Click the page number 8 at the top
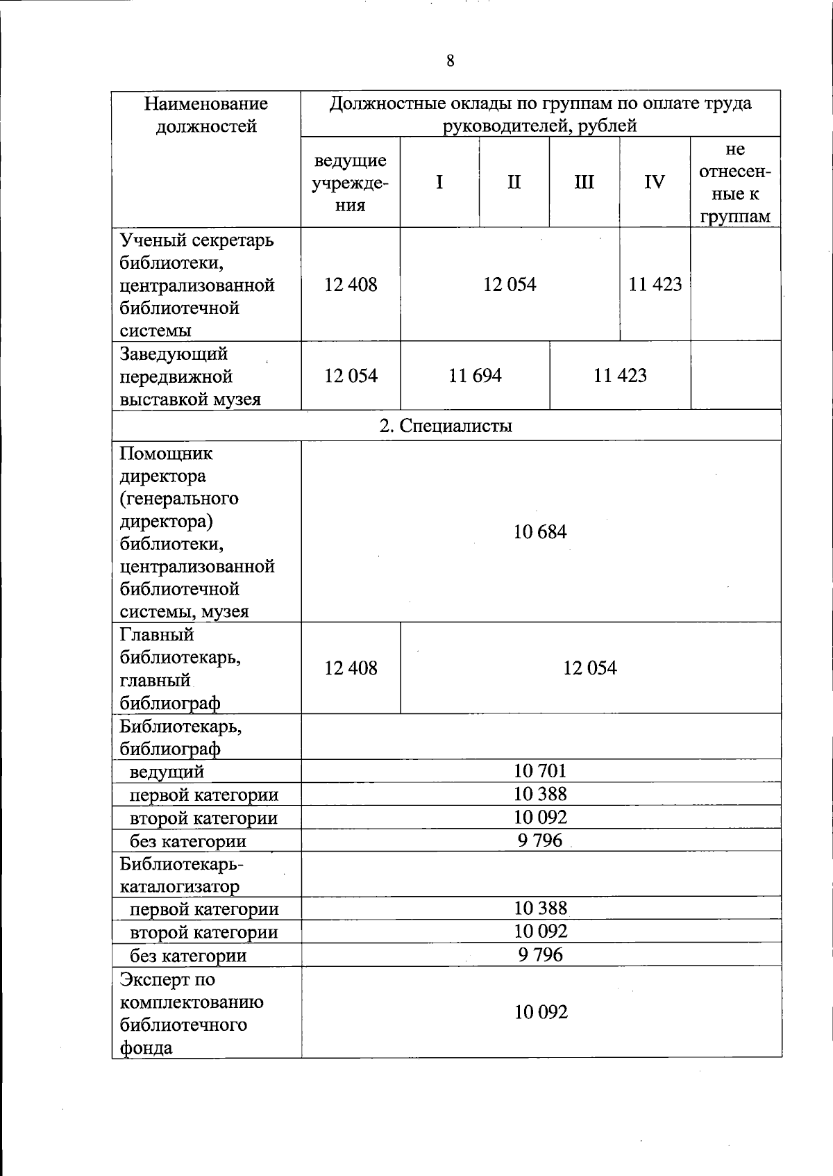click(x=451, y=61)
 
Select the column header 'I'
click(x=439, y=182)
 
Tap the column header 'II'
click(x=514, y=182)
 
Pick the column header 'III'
click(x=584, y=182)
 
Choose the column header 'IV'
click(x=655, y=182)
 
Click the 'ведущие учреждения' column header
click(x=350, y=183)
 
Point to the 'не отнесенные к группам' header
click(x=735, y=183)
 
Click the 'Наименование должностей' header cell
click(x=206, y=115)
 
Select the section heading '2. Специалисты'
click(x=446, y=426)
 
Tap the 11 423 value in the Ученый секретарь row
click(x=655, y=284)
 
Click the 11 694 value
click(x=475, y=376)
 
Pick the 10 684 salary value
click(x=540, y=532)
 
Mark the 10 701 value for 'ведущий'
click(x=540, y=771)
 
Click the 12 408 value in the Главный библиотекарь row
click(x=351, y=668)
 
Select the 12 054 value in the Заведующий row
click(x=351, y=376)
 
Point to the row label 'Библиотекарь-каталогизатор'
click(x=180, y=875)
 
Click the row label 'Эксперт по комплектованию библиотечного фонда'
click(x=191, y=1013)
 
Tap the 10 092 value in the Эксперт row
click(x=541, y=1012)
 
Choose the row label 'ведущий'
click(x=167, y=772)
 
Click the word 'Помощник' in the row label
click(x=167, y=454)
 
